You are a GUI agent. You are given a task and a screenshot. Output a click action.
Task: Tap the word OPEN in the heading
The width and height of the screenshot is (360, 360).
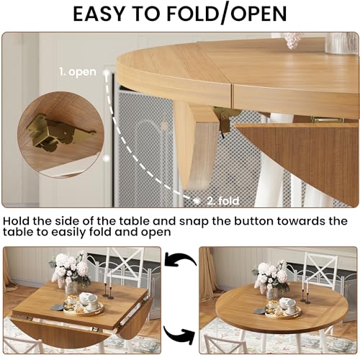[x=258, y=14]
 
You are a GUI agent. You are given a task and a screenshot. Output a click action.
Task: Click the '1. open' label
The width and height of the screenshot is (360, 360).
[x=78, y=72]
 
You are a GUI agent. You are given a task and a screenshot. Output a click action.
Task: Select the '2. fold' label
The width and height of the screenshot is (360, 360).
[x=223, y=201]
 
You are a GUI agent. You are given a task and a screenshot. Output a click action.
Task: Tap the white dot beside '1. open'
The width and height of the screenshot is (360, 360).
[x=106, y=72]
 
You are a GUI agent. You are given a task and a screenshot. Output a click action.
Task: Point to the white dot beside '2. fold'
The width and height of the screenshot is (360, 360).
[x=197, y=201]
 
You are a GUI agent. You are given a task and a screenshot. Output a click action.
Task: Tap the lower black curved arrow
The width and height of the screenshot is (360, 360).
[x=179, y=333]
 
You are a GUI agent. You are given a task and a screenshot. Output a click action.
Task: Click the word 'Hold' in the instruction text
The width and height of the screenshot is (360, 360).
[x=17, y=221]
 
